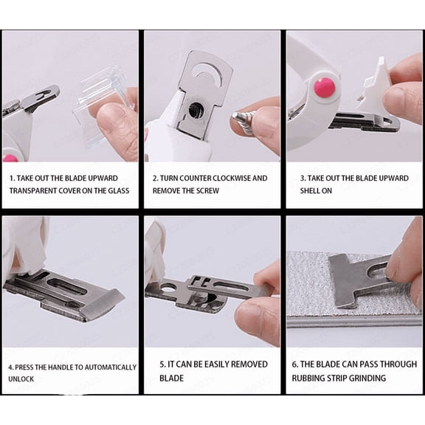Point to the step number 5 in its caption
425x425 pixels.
[x=162, y=364]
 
